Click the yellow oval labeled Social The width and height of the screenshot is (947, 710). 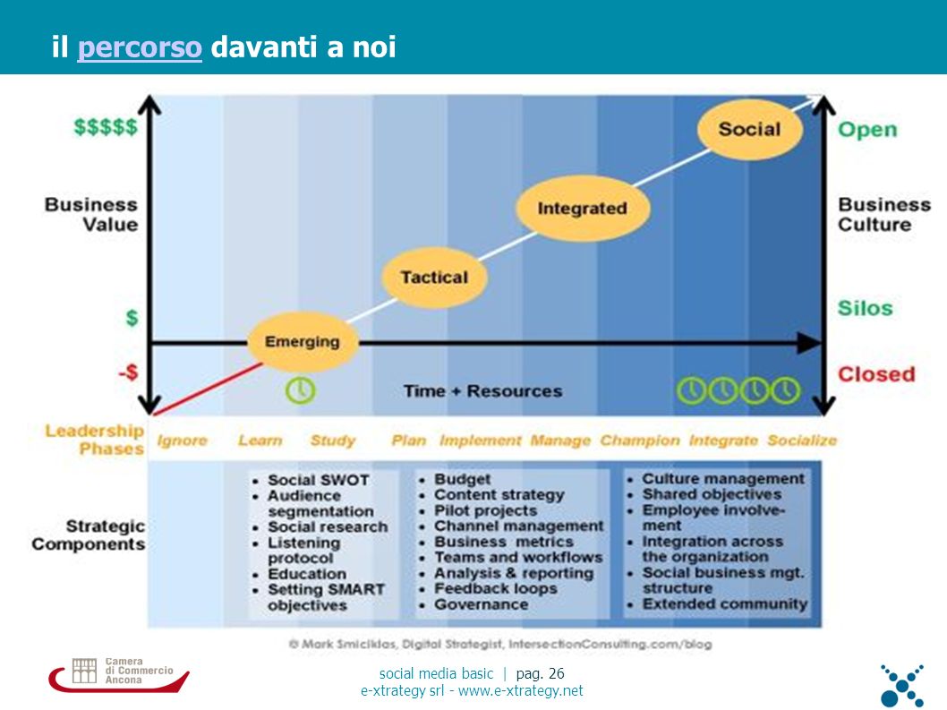click(x=749, y=128)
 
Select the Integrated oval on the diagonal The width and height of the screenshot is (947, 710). click(x=582, y=208)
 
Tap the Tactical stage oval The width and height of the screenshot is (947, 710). click(x=434, y=277)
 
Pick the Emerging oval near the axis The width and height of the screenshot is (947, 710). click(x=303, y=341)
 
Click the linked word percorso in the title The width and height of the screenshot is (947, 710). click(x=140, y=47)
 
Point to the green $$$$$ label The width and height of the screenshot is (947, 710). click(x=106, y=127)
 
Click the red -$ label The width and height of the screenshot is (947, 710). click(x=128, y=372)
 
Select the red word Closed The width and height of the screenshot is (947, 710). click(x=876, y=374)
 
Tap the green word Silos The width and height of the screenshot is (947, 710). click(x=865, y=308)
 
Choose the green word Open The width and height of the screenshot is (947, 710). click(x=867, y=129)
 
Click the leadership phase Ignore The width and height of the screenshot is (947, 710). click(x=182, y=441)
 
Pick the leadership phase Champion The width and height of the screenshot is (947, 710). click(x=640, y=441)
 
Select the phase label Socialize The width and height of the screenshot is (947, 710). click(x=802, y=441)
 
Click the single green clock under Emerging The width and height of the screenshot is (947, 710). click(x=300, y=390)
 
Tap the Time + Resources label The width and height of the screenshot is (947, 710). click(x=482, y=391)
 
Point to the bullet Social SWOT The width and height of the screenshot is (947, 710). click(x=319, y=480)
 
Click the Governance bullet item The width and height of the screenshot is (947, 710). click(x=482, y=604)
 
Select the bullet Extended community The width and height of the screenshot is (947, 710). click(x=725, y=603)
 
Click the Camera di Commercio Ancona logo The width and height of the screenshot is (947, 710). click(x=120, y=674)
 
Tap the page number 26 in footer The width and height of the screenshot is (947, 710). click(x=556, y=673)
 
